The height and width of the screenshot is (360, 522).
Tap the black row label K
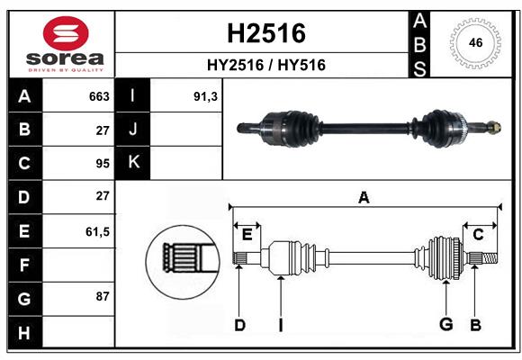(x=133, y=163)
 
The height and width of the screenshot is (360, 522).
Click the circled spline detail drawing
(x=183, y=261)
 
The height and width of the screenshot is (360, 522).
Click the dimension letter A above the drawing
(x=364, y=197)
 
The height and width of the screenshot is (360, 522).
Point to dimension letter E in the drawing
(x=247, y=235)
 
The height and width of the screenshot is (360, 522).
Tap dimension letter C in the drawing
(x=478, y=235)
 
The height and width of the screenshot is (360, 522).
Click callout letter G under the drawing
(x=445, y=324)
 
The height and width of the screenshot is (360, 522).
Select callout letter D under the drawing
(x=239, y=324)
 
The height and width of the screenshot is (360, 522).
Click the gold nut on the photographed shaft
(x=492, y=129)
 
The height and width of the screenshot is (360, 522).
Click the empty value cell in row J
(x=187, y=130)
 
